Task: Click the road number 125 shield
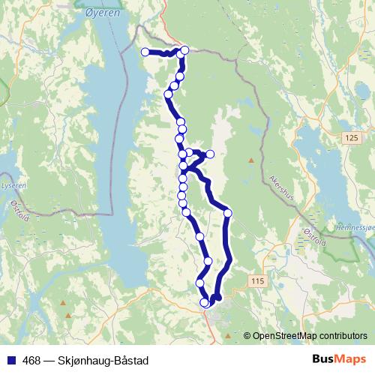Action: [352, 138]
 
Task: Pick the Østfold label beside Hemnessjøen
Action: [315, 238]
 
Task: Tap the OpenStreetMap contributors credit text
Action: [310, 336]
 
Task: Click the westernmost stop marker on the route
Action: [145, 52]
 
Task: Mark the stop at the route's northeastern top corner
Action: [184, 50]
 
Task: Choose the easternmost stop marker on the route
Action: [228, 214]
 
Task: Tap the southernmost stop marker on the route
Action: [205, 303]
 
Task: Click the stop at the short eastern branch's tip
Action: [211, 154]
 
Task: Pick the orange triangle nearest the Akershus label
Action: [250, 160]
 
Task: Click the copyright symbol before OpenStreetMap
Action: [248, 336]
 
